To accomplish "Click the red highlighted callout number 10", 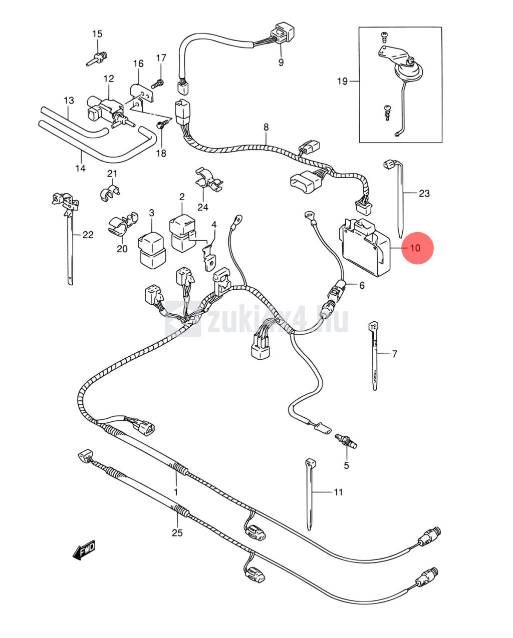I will (x=417, y=248).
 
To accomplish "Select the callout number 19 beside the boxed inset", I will (x=342, y=81).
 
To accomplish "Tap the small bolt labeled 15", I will (x=98, y=57).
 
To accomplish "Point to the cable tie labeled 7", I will (x=374, y=353).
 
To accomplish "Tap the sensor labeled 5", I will (x=346, y=440).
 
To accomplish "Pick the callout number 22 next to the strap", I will (x=88, y=234).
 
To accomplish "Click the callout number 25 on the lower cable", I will (x=177, y=532).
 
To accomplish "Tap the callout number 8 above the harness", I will (x=266, y=127).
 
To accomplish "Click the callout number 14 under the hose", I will (x=81, y=168).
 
